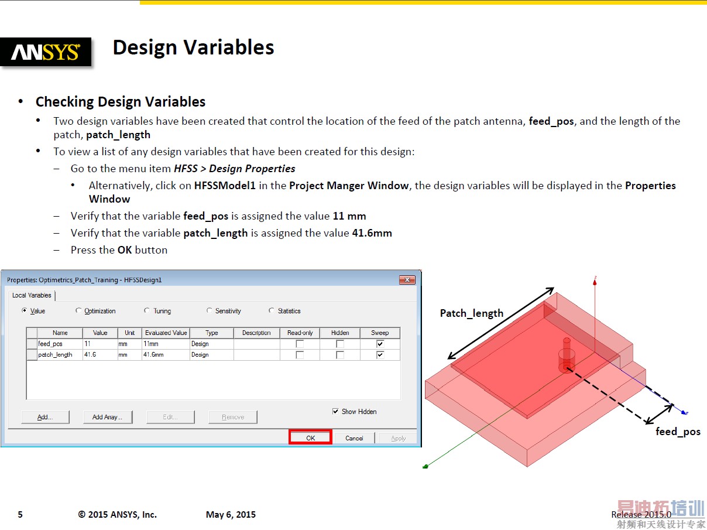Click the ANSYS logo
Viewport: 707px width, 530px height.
coord(46,52)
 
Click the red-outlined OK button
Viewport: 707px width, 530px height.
coord(310,437)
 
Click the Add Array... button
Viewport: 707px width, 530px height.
coord(108,417)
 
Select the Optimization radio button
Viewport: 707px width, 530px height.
coord(78,310)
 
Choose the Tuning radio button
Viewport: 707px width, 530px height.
coord(147,310)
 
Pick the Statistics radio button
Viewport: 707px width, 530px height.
coord(272,310)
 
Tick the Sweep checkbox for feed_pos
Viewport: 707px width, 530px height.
coord(380,344)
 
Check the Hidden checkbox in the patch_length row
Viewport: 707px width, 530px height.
coord(340,355)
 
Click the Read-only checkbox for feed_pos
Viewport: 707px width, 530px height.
coord(300,344)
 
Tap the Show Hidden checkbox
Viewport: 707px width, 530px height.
coord(335,412)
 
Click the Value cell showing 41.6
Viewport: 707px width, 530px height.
coord(100,355)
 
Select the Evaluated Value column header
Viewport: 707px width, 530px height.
coord(166,333)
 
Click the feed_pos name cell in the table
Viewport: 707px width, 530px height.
coord(60,344)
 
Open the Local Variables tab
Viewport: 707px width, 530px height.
coord(32,295)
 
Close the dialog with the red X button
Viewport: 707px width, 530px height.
coord(407,280)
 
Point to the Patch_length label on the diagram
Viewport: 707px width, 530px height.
coord(472,313)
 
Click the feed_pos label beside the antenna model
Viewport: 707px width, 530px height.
coord(678,432)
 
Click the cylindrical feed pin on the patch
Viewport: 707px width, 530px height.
coord(567,355)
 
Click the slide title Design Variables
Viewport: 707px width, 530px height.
coord(193,47)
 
